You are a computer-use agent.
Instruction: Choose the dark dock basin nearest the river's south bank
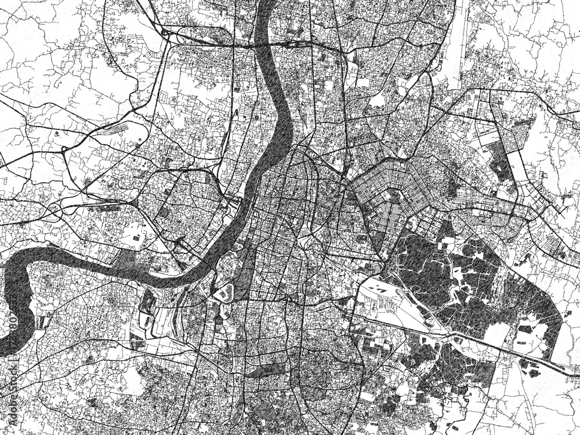tap(148, 301)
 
